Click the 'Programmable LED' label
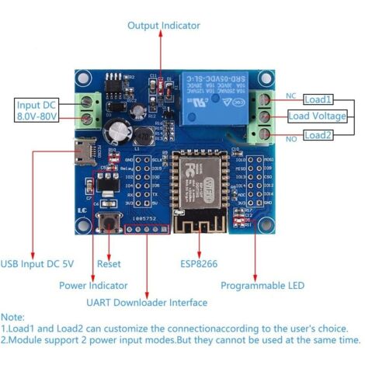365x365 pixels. (262, 286)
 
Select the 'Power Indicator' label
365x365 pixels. (93, 286)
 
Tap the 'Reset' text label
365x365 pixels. (109, 264)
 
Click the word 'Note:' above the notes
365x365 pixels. (13, 318)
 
